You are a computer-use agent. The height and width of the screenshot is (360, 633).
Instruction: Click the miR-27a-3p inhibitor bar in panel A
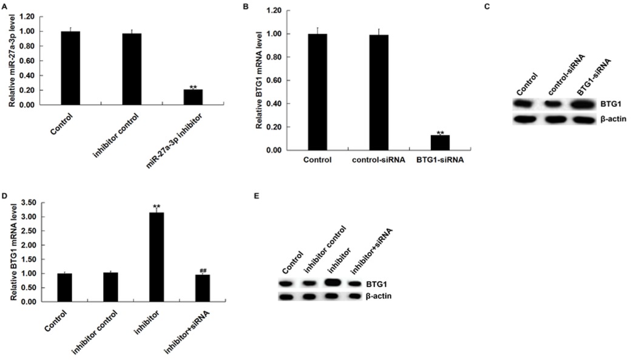tap(193, 97)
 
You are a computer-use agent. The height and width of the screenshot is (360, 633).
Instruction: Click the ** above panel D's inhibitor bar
tap(157, 206)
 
